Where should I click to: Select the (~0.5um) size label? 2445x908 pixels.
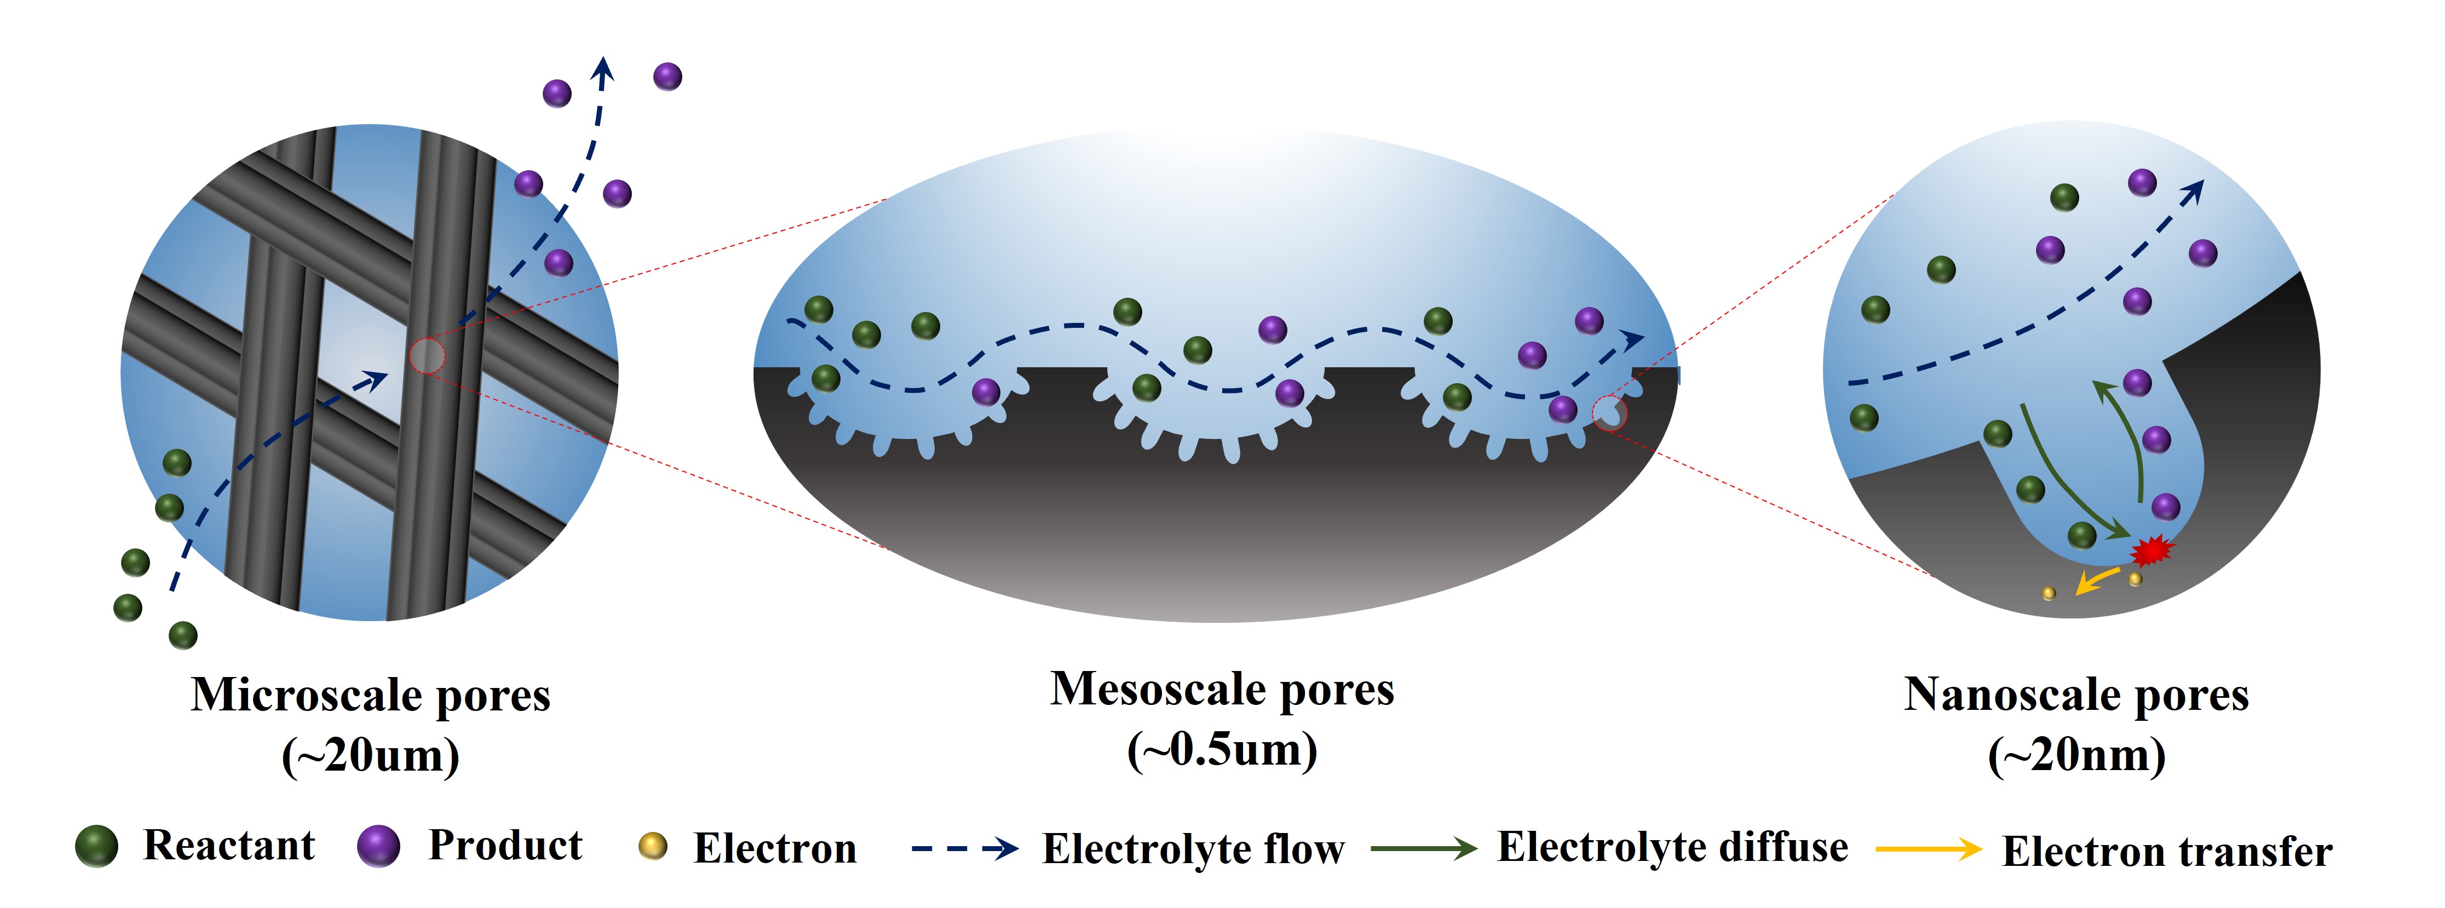click(x=1222, y=749)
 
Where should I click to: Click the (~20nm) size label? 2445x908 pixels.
click(x=2076, y=755)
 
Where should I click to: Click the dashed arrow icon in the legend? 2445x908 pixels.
click(x=963, y=848)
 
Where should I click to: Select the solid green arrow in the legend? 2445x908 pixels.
click(x=1424, y=848)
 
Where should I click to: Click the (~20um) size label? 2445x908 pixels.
click(x=370, y=755)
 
